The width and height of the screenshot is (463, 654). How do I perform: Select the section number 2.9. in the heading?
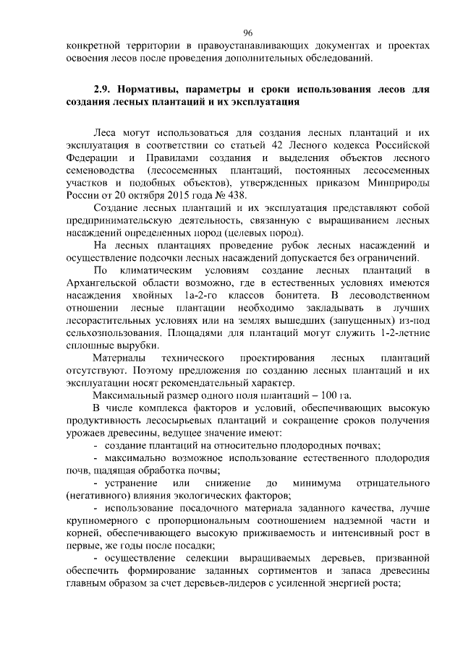[x=104, y=91]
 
